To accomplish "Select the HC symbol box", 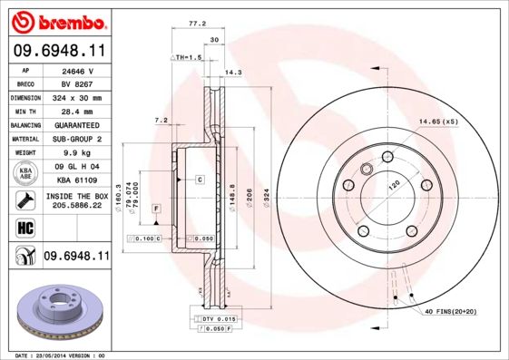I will pyautogui.click(x=24, y=226).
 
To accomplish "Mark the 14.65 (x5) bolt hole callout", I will pyautogui.click(x=438, y=120).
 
